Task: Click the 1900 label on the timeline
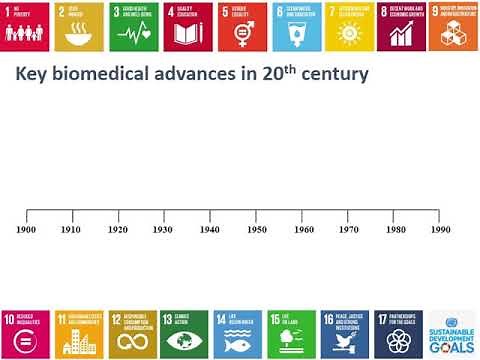(x=27, y=229)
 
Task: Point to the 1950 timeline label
(x=256, y=229)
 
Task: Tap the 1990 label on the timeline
(x=440, y=229)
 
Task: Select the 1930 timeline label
(x=164, y=229)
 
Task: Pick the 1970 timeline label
(x=349, y=229)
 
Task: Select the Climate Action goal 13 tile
(x=186, y=333)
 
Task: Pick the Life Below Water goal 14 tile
(x=240, y=333)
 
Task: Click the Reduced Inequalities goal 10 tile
(x=25, y=333)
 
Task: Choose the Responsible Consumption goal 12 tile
(x=133, y=333)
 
